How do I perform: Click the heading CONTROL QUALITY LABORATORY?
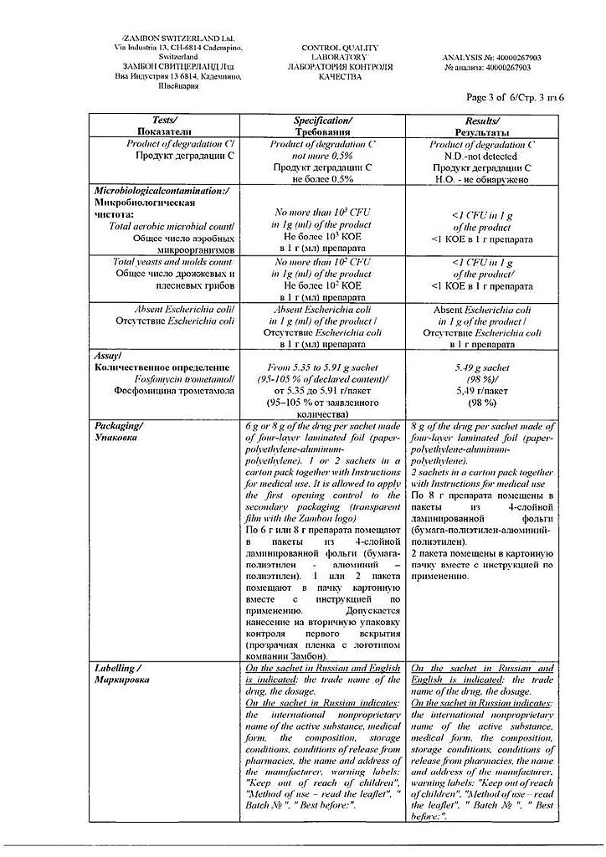(340, 54)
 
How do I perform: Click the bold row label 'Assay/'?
(110, 355)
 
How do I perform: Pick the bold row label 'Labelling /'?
(118, 669)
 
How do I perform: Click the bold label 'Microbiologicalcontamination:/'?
(162, 191)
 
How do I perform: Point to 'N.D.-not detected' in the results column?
(481, 156)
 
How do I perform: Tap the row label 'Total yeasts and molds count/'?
(173, 262)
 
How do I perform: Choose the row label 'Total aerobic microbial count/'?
(172, 226)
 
